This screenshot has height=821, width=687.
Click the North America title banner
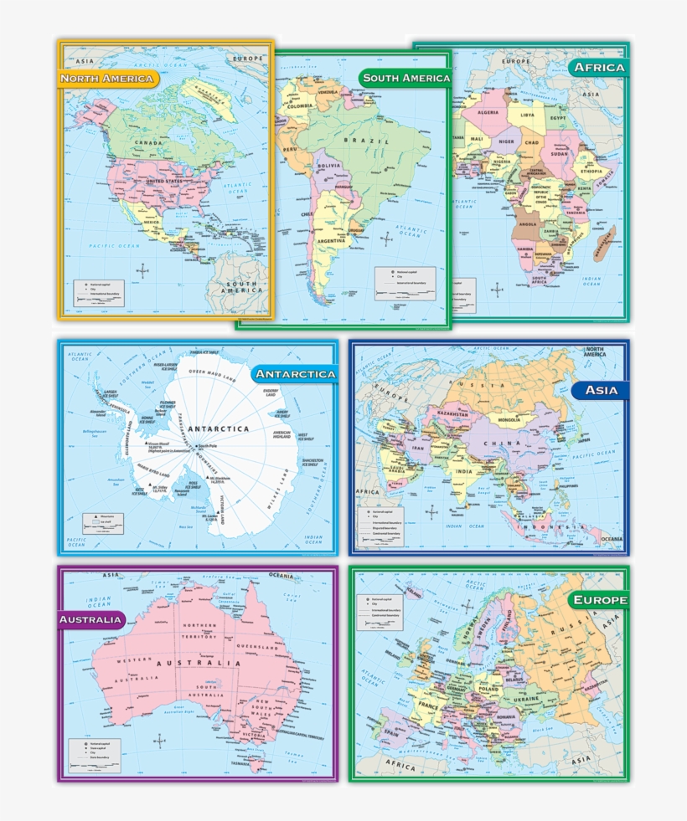coord(108,79)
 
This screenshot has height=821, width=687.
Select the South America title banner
coord(405,78)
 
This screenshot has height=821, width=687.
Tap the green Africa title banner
coord(598,67)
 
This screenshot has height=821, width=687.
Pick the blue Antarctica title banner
coord(295,373)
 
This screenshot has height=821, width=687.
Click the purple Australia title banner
coord(91,620)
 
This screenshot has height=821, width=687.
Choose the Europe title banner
coord(598,600)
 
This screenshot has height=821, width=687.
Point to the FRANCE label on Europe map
coord(427,706)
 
